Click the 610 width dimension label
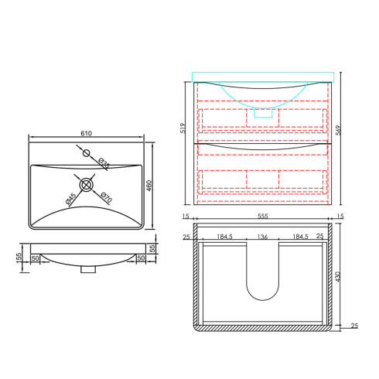[x=86, y=133]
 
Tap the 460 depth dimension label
[x=149, y=186]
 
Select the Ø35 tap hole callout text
[x=104, y=163]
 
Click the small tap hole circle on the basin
[x=87, y=153]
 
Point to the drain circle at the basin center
[x=86, y=185]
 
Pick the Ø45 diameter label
[x=71, y=199]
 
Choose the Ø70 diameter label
[x=106, y=197]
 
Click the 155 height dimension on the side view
[x=19, y=258]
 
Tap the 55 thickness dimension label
[x=152, y=248]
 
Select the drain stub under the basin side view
[x=88, y=269]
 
